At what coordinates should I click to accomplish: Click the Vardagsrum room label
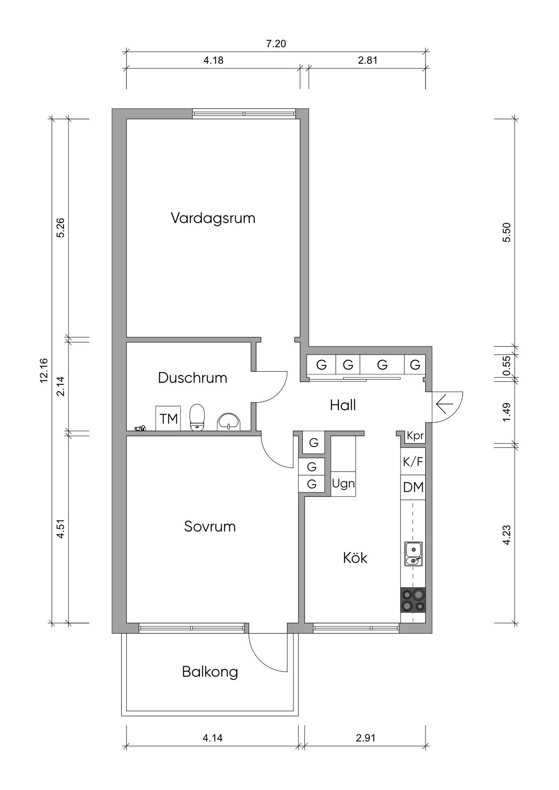pos(213,218)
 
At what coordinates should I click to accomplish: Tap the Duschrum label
pos(192,378)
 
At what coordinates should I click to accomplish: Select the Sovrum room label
pos(210,527)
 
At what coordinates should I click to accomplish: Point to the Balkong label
pos(210,672)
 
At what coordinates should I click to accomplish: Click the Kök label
pos(355,558)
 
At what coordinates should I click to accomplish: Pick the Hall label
pos(343,405)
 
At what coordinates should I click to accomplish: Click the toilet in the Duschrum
pos(197,417)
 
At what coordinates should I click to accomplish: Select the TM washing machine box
pos(168,418)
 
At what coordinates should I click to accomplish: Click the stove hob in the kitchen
pos(413,600)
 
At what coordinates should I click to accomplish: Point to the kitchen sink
pos(413,554)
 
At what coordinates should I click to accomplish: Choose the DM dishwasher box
pos(413,488)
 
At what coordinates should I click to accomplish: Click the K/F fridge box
pos(413,462)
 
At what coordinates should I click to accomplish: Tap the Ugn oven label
pos(343,483)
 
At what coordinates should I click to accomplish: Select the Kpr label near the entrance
pos(415,436)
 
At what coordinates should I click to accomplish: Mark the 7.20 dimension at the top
pos(276,44)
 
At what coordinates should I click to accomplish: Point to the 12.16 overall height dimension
pos(44,370)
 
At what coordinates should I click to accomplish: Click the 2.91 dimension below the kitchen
pos(366,738)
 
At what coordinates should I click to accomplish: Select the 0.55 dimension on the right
pos(507,365)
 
